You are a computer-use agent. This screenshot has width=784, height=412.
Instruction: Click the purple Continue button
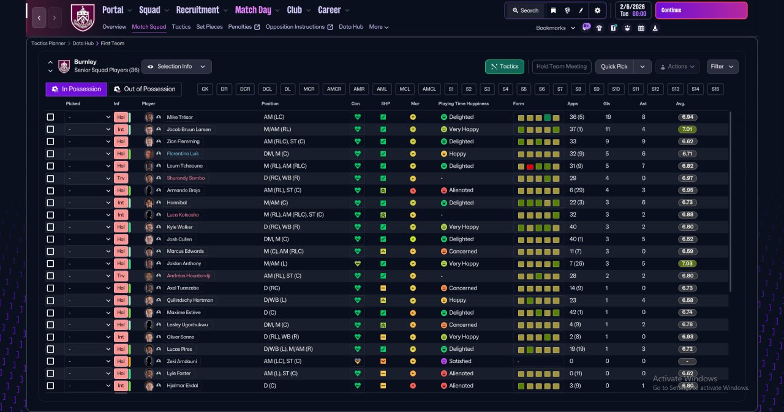(x=701, y=10)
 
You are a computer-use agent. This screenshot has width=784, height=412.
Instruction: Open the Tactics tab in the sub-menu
(x=181, y=27)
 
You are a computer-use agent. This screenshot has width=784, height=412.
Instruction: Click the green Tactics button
(x=504, y=67)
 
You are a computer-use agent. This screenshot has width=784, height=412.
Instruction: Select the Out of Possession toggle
(x=145, y=89)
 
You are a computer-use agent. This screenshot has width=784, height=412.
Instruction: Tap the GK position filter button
(x=205, y=89)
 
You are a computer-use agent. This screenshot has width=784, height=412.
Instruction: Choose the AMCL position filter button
(x=429, y=89)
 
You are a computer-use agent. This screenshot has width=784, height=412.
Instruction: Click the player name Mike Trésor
(x=180, y=117)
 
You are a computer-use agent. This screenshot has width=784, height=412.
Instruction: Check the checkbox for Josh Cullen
(x=50, y=239)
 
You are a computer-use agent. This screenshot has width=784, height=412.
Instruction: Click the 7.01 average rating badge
(x=687, y=129)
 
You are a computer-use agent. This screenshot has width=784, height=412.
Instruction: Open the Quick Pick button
(x=614, y=67)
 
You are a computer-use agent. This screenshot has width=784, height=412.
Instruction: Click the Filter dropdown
(x=722, y=67)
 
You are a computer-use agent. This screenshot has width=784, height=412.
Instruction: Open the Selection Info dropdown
(x=176, y=67)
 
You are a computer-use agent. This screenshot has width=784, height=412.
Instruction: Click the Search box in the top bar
(x=526, y=10)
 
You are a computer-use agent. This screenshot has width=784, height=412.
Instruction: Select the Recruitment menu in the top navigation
(x=198, y=10)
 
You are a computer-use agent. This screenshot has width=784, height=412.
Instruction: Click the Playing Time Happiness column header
(x=464, y=103)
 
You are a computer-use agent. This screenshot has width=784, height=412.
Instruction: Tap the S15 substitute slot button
(x=715, y=89)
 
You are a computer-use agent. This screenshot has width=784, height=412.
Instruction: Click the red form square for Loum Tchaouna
(x=530, y=167)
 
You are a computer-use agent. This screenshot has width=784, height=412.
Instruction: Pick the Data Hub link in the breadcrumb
(x=83, y=43)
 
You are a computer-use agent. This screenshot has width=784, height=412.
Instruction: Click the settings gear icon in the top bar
(x=597, y=10)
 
